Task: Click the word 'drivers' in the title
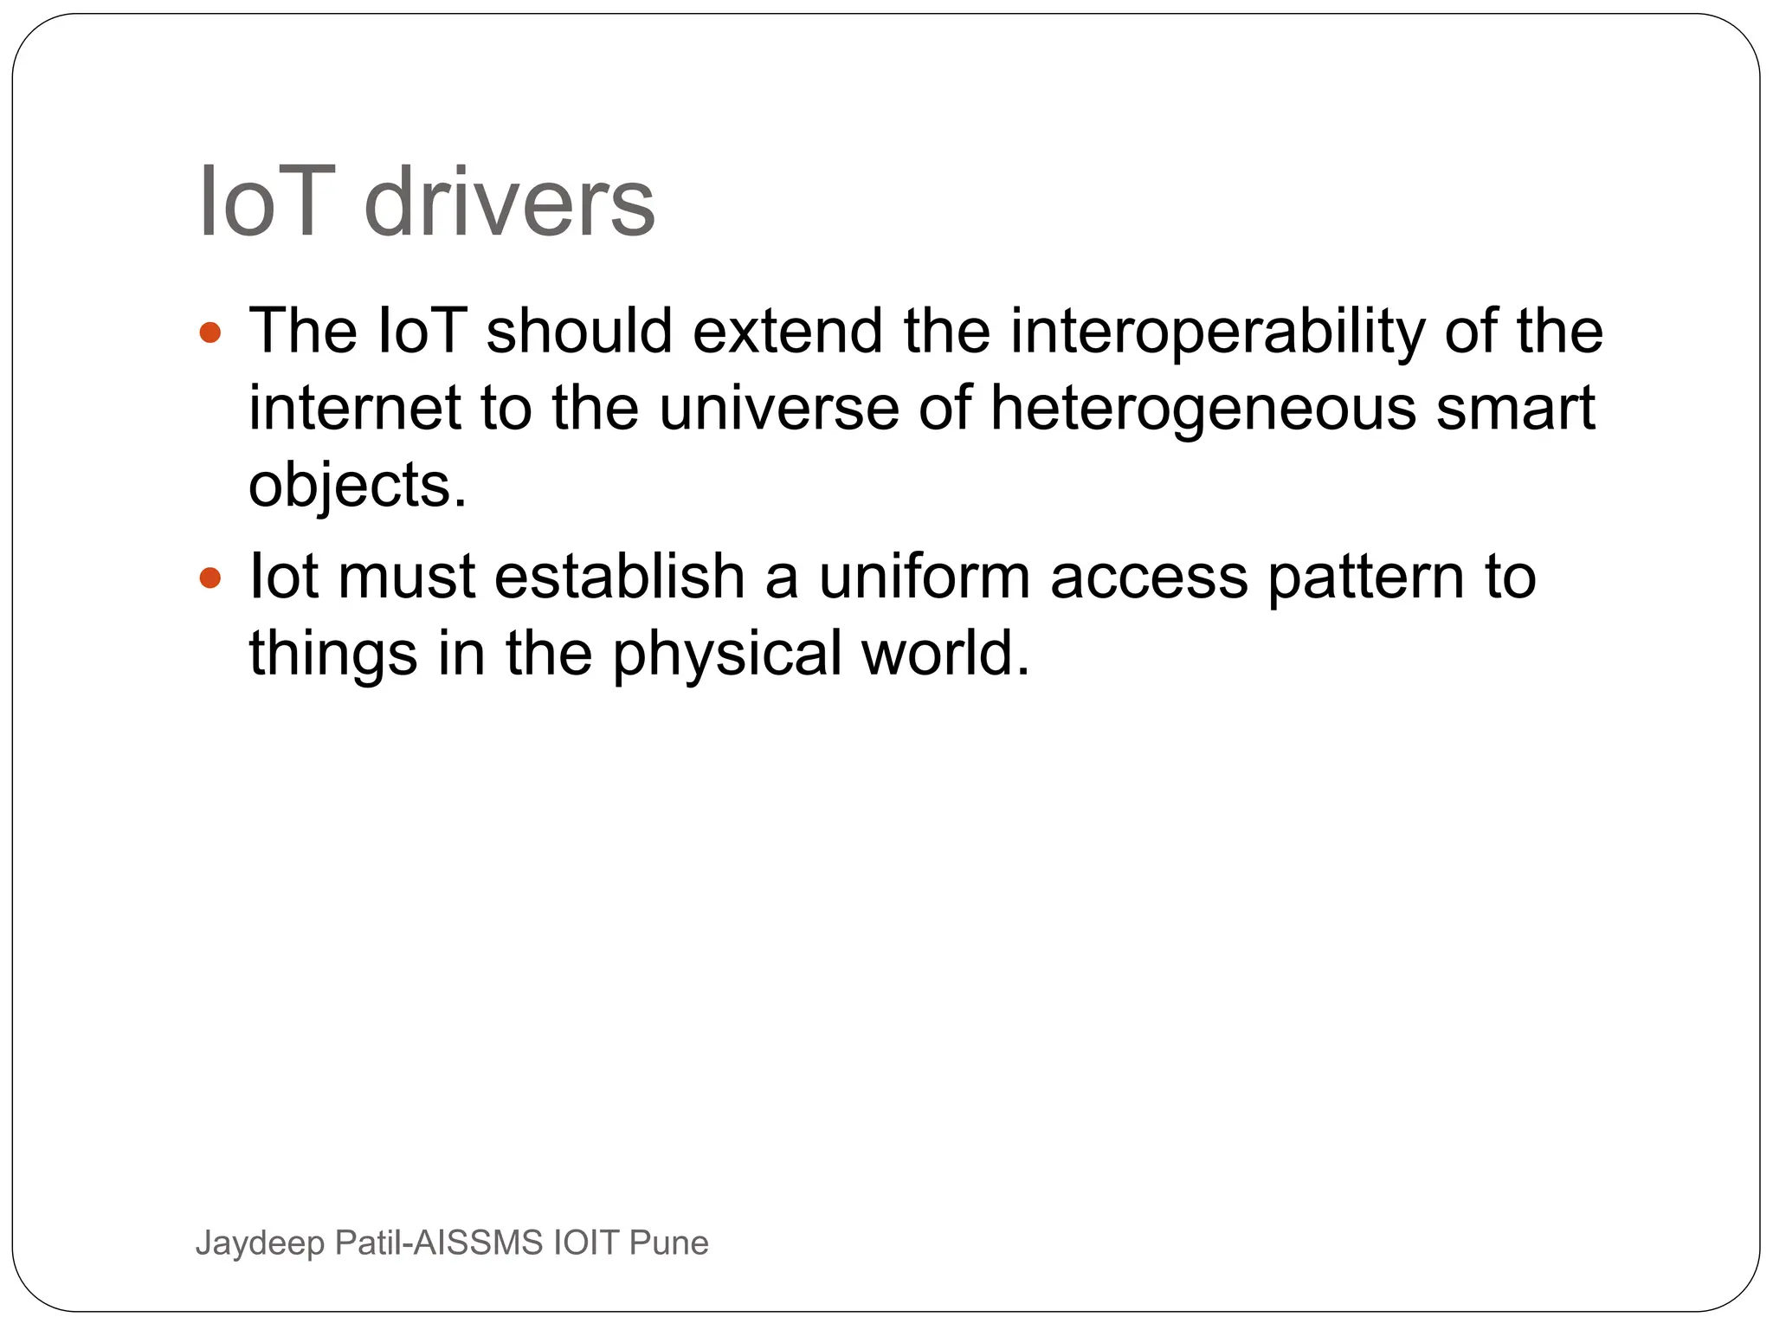coord(509,203)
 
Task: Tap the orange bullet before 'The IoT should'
coord(210,332)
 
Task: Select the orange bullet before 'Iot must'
coord(210,577)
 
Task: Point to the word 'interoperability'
coord(1216,332)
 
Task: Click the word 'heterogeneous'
coord(1203,408)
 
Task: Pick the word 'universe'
coord(778,408)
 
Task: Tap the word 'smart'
coord(1515,408)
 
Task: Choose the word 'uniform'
coord(925,577)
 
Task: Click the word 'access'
coord(1149,577)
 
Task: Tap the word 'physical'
coord(727,653)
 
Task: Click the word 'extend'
coord(788,332)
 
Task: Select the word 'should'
coord(579,332)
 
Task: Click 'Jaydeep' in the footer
coord(260,1243)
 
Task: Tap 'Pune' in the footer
coord(668,1243)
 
